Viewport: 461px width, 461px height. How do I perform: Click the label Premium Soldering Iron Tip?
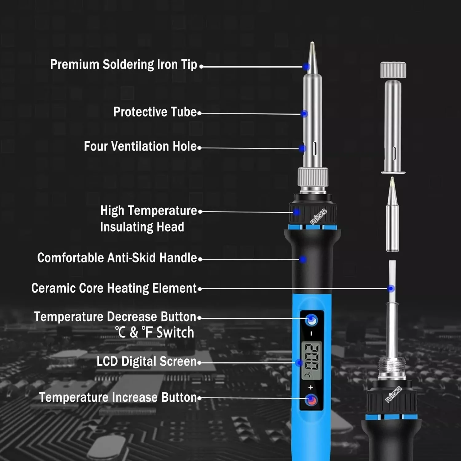pyautogui.click(x=124, y=65)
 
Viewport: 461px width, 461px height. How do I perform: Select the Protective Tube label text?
pyautogui.click(x=155, y=112)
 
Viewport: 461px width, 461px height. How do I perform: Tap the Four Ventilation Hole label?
pyautogui.click(x=140, y=146)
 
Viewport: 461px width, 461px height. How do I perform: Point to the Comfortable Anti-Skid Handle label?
pyautogui.click(x=117, y=258)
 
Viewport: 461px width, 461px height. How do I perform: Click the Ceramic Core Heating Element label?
pyautogui.click(x=114, y=288)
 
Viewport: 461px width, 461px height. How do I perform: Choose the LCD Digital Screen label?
pyautogui.click(x=146, y=361)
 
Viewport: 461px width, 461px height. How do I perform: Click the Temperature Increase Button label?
pyautogui.click(x=118, y=397)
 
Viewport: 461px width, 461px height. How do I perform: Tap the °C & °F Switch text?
pyautogui.click(x=155, y=333)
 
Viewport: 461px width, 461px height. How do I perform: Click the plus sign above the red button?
pyautogui.click(x=310, y=387)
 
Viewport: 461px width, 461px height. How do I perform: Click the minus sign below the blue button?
pyautogui.click(x=311, y=333)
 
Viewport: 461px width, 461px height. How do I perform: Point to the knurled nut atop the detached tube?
pyautogui.click(x=393, y=70)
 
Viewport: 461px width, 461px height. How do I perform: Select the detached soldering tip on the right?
pyautogui.click(x=392, y=215)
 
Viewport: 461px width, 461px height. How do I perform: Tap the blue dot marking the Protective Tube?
pyautogui.click(x=304, y=114)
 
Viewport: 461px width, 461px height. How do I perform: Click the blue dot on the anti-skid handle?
pyautogui.click(x=303, y=259)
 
